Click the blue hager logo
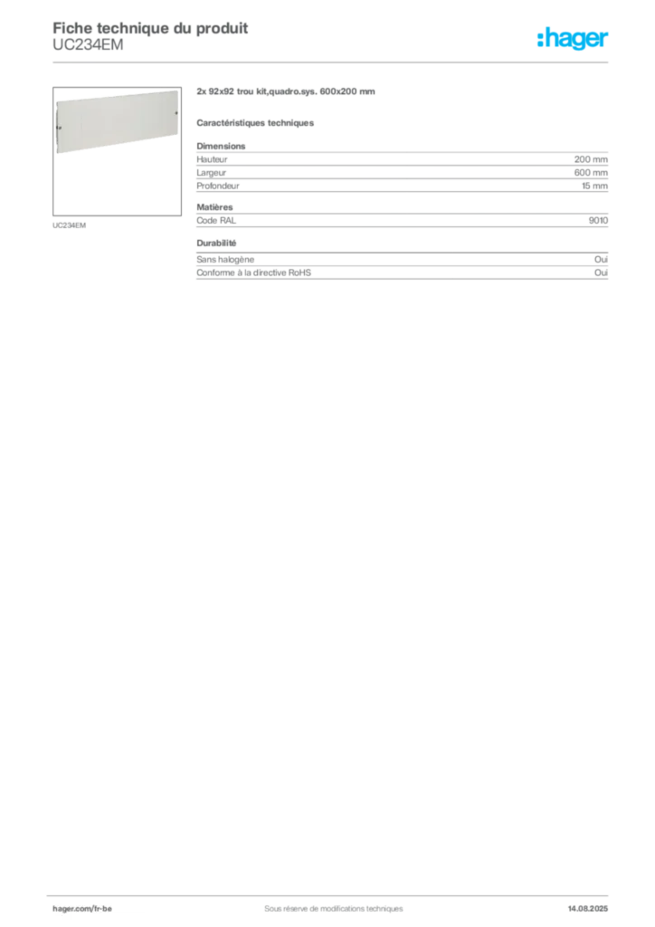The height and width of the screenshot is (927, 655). click(x=574, y=38)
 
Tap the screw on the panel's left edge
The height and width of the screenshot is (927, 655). click(x=58, y=129)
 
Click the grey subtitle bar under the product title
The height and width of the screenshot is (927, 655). click(x=257, y=121)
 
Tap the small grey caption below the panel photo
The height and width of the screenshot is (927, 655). click(x=69, y=224)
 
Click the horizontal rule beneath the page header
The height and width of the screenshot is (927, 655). click(x=333, y=62)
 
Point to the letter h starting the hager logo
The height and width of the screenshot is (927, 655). click(x=540, y=38)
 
